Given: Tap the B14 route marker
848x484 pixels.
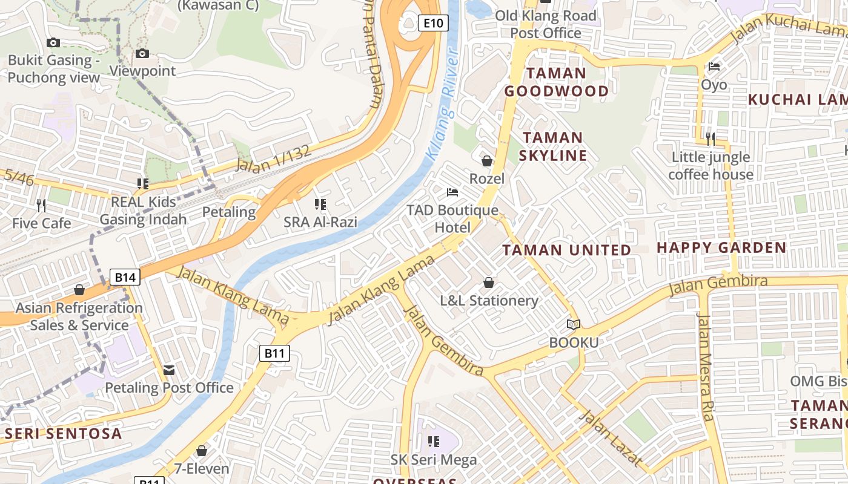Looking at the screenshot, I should [x=125, y=277].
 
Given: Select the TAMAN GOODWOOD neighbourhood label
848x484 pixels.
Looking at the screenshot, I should [x=556, y=82].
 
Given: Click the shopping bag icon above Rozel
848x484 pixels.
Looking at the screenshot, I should [x=486, y=161].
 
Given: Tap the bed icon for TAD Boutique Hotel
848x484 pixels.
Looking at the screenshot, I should [x=452, y=192].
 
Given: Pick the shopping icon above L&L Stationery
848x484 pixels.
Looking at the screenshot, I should [x=489, y=283].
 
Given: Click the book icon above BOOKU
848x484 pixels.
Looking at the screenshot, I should [x=573, y=325].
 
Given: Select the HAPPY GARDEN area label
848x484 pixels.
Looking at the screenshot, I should [x=721, y=247].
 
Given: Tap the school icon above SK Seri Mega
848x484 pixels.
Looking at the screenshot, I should [x=433, y=442].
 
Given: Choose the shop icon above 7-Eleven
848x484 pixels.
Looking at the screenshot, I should [x=202, y=451].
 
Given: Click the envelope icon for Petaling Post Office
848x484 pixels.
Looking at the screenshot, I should [x=169, y=370].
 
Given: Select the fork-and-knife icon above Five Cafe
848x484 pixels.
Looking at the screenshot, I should [x=41, y=205].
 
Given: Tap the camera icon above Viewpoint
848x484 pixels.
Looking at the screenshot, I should [x=142, y=54].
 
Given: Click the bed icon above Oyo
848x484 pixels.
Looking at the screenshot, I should [x=714, y=67].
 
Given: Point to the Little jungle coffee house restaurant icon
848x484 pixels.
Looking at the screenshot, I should [x=711, y=139].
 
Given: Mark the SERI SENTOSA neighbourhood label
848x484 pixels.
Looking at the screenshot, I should [x=64, y=433].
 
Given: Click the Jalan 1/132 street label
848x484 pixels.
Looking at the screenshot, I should [x=273, y=159].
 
